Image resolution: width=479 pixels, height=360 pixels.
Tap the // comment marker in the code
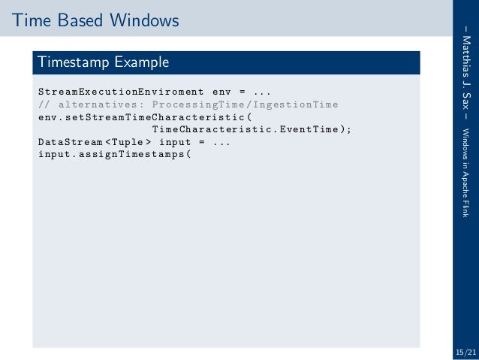[x=44, y=104]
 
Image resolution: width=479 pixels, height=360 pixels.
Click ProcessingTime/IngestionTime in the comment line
[x=245, y=104]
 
